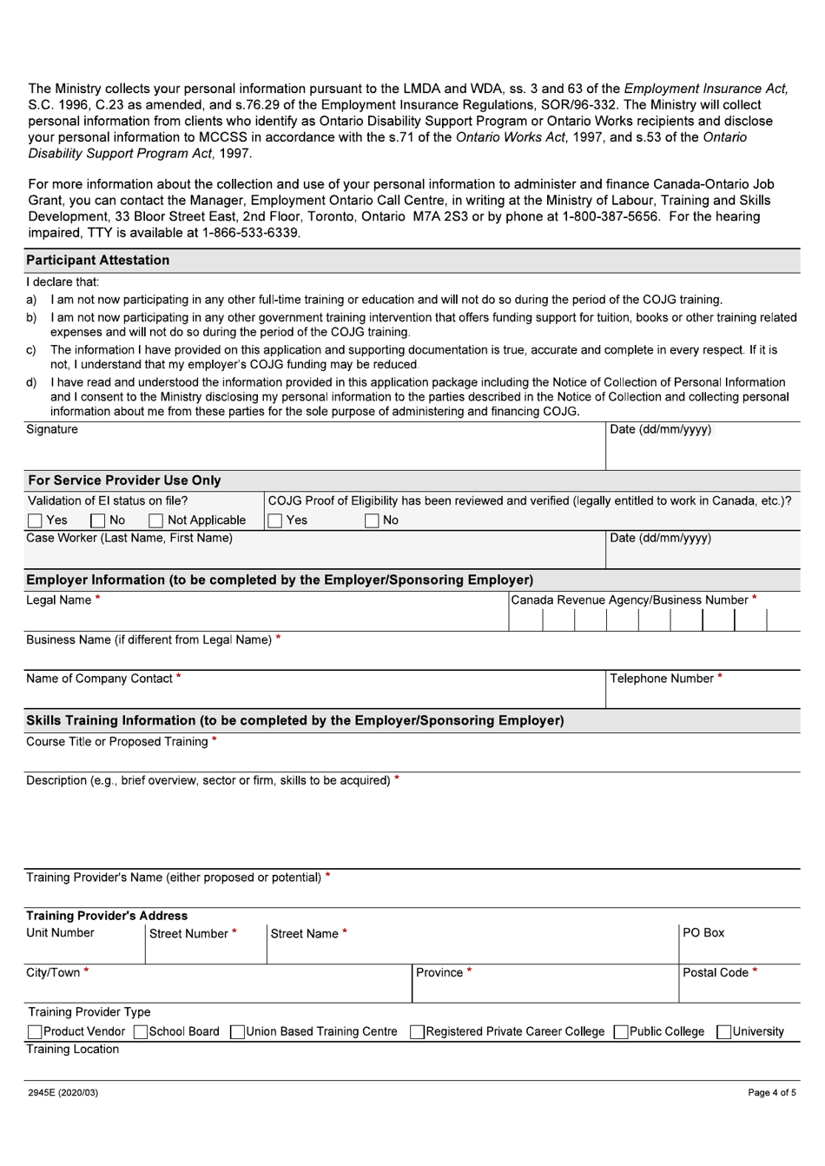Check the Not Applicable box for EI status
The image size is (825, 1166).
point(156,521)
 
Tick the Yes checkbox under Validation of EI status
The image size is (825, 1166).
point(35,521)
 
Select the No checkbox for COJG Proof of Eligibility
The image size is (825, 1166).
point(372,521)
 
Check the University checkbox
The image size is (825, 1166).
point(723,1032)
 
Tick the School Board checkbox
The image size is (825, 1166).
point(141,1032)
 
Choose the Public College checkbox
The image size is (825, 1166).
point(621,1032)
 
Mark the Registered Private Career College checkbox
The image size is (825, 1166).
point(418,1032)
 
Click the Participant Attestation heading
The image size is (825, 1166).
point(98,261)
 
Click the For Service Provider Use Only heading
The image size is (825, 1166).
point(124,480)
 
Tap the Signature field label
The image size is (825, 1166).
point(52,430)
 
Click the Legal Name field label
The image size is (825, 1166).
point(59,600)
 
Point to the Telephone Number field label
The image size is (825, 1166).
point(662,679)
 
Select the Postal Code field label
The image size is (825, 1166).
point(716,973)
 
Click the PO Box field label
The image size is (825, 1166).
point(703,933)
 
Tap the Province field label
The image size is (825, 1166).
point(439,973)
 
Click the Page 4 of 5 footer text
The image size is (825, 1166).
point(771,1093)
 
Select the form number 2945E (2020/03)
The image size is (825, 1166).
point(63,1093)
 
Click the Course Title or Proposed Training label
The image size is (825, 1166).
point(117,742)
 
